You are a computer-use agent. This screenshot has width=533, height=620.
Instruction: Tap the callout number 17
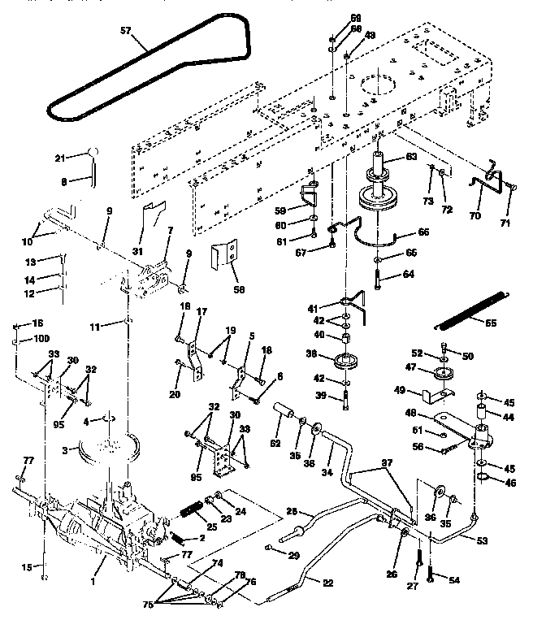[x=201, y=310]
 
